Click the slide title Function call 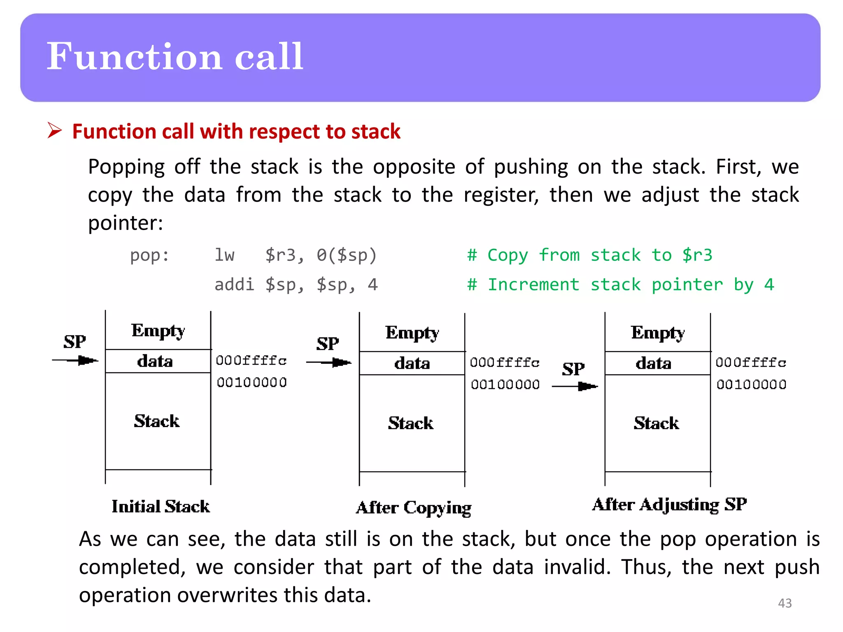coord(175,56)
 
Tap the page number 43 coord(785,603)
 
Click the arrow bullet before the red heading coord(54,130)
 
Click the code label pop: coord(149,256)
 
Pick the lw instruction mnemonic coord(224,256)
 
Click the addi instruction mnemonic coord(234,285)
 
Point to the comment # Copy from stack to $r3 coord(589,256)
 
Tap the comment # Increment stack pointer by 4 coord(620,285)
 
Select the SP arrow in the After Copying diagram coord(329,362)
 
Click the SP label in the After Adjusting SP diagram coord(573,369)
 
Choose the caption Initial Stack coord(161,507)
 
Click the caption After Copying coord(413,508)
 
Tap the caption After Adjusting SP coord(669,504)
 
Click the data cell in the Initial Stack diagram coord(155,361)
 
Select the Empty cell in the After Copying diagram coord(412,332)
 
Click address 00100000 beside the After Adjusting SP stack coord(751,385)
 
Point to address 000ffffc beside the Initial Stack coord(251,361)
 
